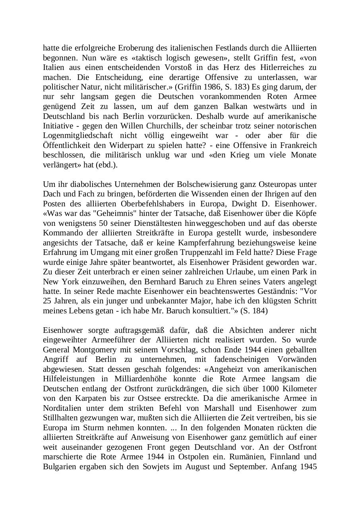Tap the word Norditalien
point(62,408)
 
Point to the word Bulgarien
point(60,466)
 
